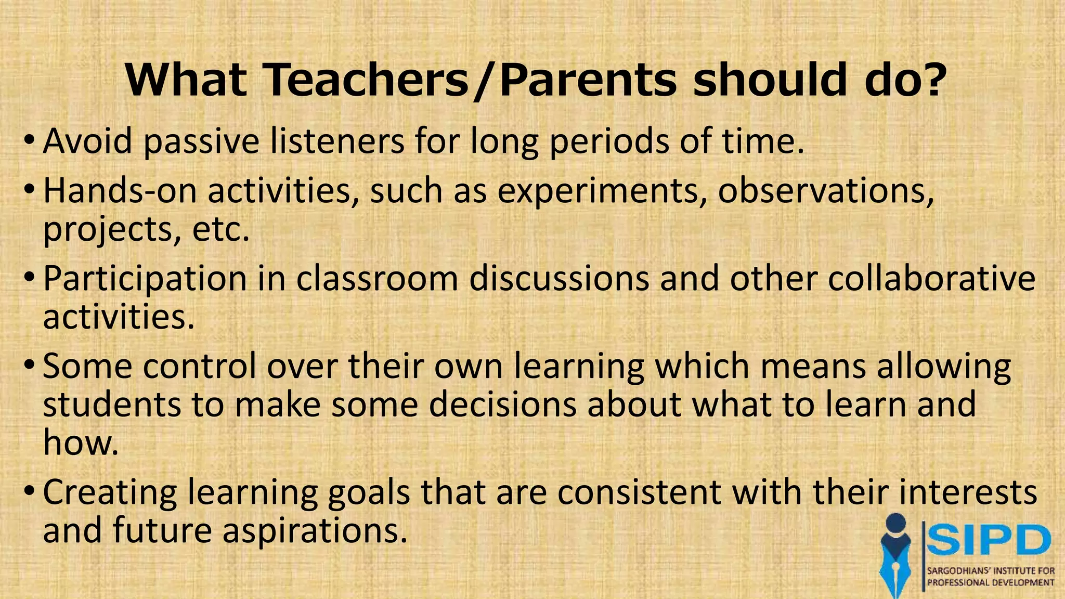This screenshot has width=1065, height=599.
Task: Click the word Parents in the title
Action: coord(588,81)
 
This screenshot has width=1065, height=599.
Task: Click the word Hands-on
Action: coord(120,191)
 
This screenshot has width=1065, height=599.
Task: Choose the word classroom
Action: coord(377,278)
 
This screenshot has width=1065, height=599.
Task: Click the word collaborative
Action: coord(931,278)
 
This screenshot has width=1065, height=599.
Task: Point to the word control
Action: coord(200,366)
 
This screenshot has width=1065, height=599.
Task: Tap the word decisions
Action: coord(502,405)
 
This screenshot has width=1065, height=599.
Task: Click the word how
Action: coord(81,442)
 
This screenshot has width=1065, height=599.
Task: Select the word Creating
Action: coord(110,493)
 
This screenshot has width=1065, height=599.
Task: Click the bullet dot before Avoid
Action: coord(30,141)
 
